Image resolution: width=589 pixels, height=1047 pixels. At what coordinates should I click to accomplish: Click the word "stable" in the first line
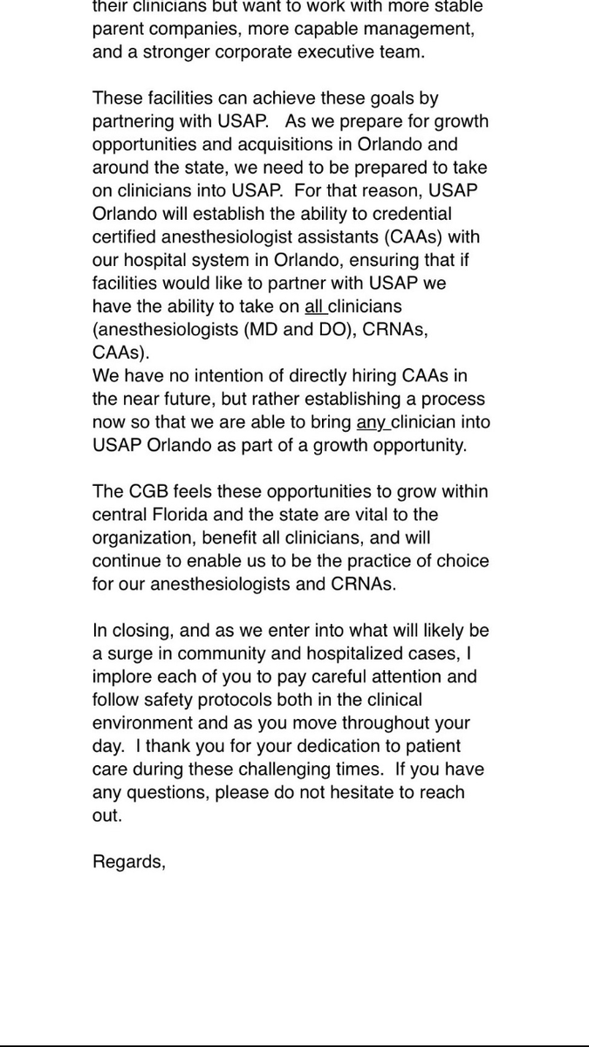click(458, 6)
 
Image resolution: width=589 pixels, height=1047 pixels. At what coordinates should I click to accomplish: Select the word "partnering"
click(133, 121)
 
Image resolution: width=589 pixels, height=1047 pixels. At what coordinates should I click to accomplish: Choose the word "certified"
click(123, 236)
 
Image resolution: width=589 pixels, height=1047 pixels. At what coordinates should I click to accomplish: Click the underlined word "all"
click(314, 306)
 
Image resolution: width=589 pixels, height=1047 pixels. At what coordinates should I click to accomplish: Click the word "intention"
click(222, 376)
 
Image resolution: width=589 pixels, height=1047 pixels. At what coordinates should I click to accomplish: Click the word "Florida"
click(179, 515)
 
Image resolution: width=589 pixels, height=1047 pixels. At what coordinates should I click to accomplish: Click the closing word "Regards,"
click(129, 862)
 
